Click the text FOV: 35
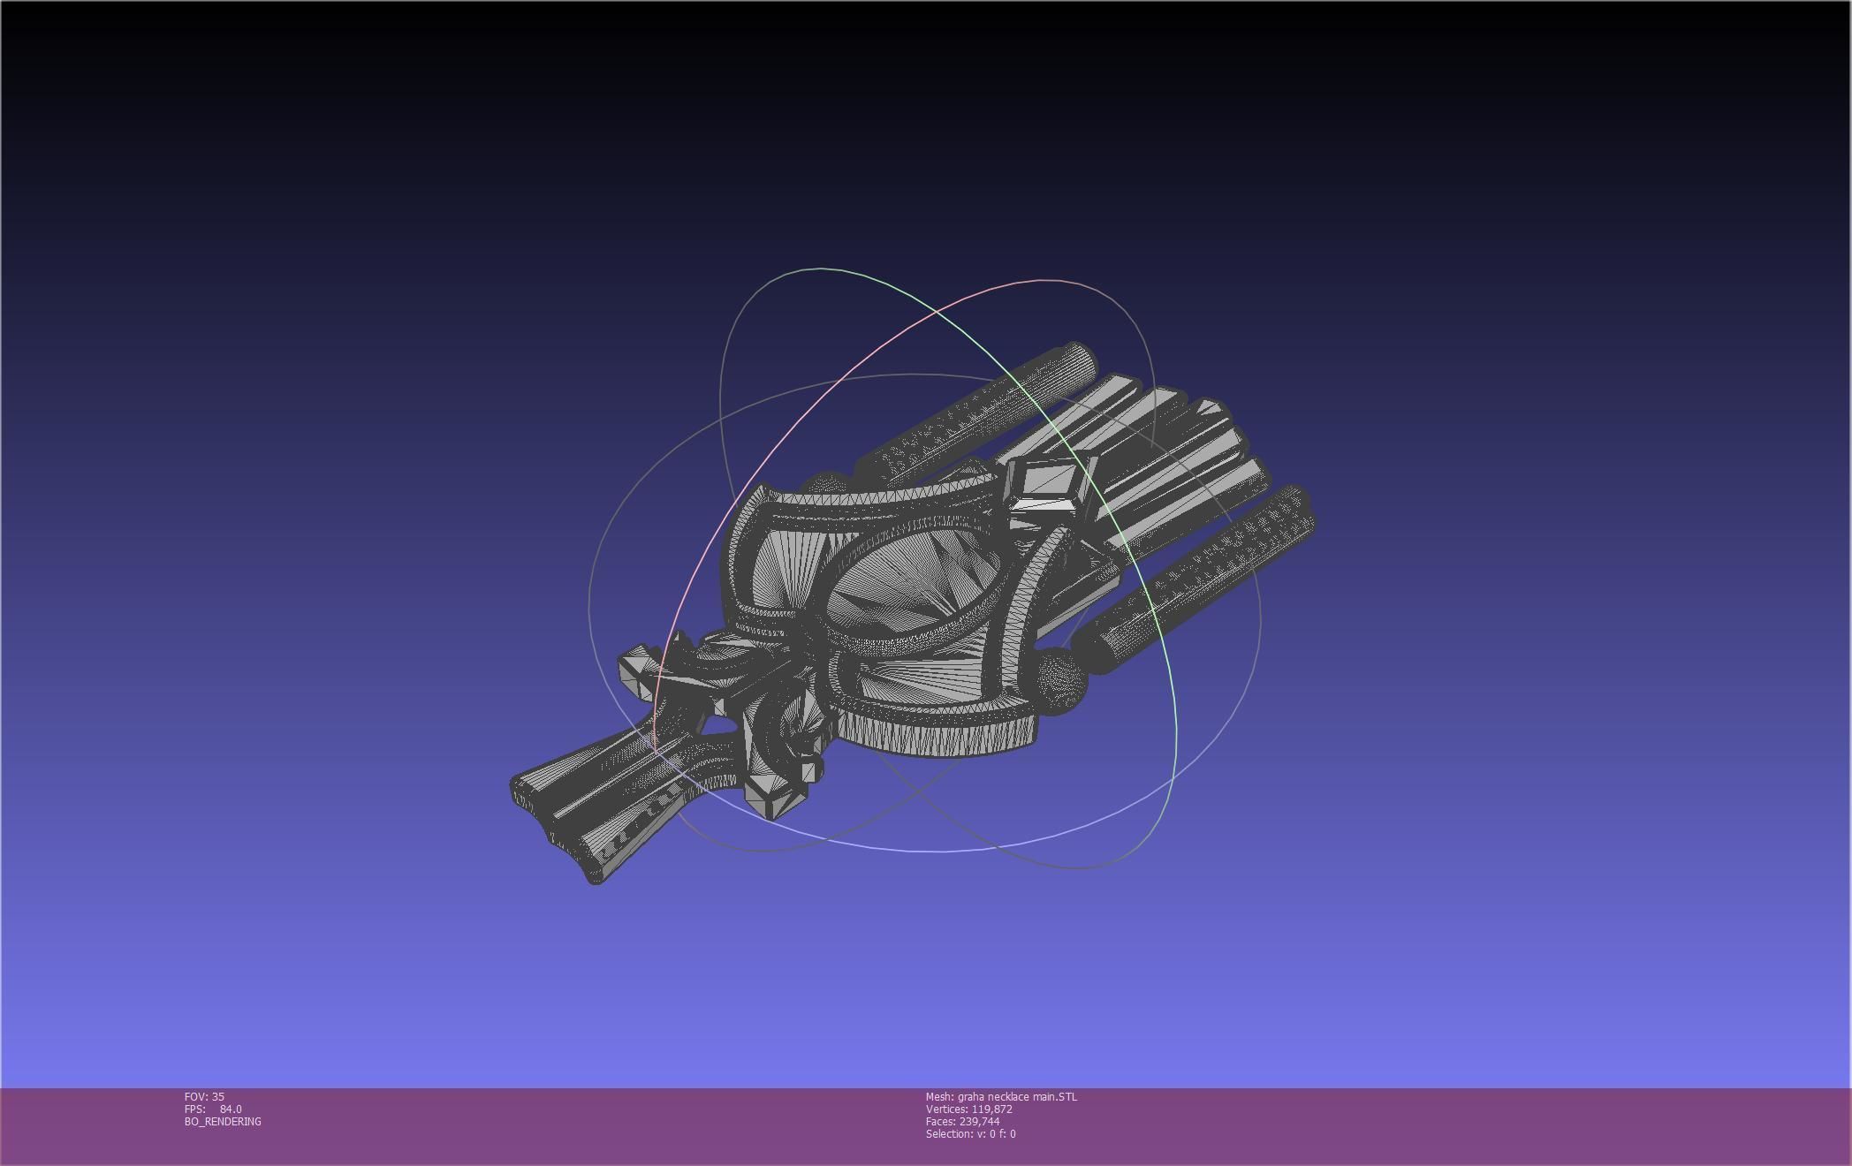pos(204,1096)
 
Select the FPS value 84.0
pos(231,1109)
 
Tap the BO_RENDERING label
pos(223,1121)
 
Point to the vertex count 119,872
pos(991,1109)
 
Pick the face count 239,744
pos(979,1121)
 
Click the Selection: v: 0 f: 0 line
pos(970,1133)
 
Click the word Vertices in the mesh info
pos(945,1109)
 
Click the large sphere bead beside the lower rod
pos(1058,681)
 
